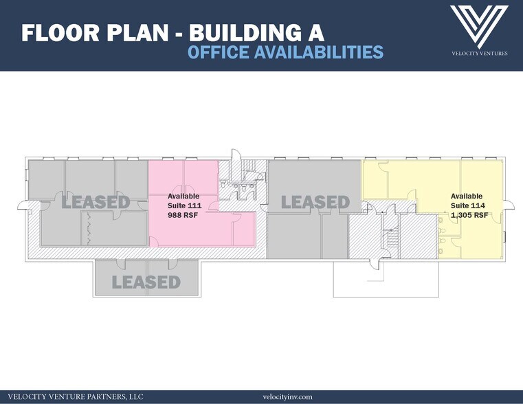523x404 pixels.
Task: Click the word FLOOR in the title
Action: [x=60, y=33]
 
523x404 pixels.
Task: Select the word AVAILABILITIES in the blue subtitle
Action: [x=318, y=52]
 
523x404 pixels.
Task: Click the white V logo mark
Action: [x=479, y=27]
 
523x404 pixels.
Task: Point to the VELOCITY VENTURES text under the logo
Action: [x=479, y=54]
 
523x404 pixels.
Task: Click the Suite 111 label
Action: [x=184, y=205]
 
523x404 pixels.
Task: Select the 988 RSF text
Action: [x=182, y=215]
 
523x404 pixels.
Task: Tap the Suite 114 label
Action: [x=467, y=205]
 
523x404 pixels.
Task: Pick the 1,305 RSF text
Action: [x=469, y=215]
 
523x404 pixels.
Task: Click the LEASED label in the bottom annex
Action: [x=146, y=282]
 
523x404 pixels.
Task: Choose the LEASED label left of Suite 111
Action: [x=96, y=202]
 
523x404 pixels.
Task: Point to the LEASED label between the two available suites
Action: [x=315, y=202]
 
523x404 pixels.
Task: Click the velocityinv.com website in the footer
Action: [x=287, y=396]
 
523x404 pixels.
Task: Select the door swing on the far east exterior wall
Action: [x=509, y=205]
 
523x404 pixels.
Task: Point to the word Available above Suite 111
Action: [x=183, y=196]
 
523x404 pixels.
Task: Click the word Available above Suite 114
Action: [x=466, y=196]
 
